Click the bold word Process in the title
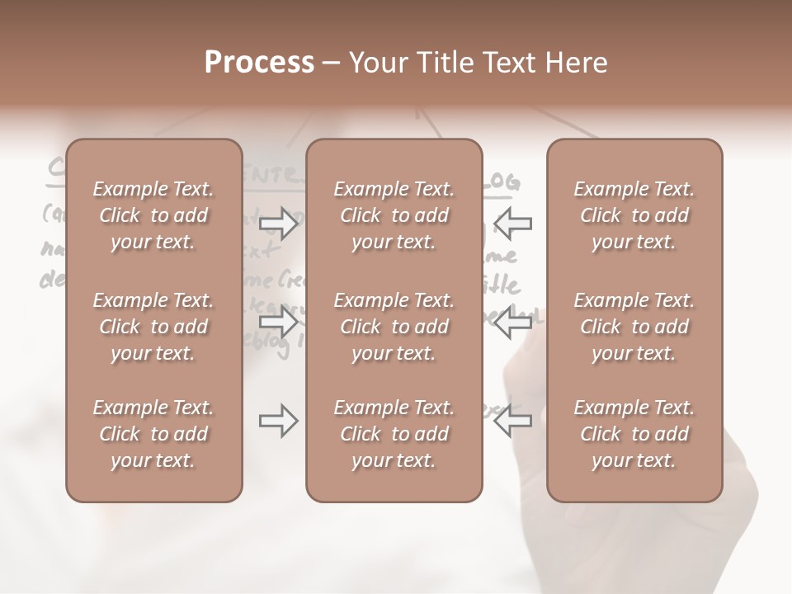(x=259, y=63)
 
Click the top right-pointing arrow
(x=279, y=224)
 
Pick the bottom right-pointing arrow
(x=279, y=421)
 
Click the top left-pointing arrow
(x=512, y=224)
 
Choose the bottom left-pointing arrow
(x=512, y=421)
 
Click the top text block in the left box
(x=153, y=215)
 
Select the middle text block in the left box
(x=153, y=327)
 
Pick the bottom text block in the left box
(x=153, y=434)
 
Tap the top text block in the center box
(x=394, y=215)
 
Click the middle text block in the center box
(x=394, y=327)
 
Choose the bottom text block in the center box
(x=394, y=434)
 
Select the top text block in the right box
(x=634, y=215)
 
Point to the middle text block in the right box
(x=634, y=327)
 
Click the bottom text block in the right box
(x=634, y=434)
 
